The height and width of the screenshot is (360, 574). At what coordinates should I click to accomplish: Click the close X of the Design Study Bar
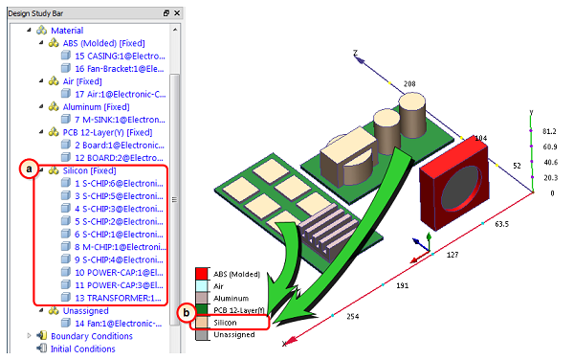177,13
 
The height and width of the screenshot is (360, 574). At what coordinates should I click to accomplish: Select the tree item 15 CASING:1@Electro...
120,56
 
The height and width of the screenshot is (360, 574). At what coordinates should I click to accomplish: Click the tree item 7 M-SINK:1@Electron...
120,120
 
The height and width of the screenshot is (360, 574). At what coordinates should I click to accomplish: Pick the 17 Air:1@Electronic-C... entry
121,95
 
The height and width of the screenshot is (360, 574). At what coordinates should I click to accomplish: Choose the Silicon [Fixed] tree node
89,170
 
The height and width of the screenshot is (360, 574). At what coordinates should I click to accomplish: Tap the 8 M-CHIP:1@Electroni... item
121,247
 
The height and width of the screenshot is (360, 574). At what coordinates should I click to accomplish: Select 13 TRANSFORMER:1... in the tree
118,298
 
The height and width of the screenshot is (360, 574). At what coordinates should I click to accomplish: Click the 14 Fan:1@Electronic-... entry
119,324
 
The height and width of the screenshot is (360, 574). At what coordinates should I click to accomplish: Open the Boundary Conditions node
92,336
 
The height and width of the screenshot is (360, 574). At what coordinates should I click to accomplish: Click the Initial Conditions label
82,349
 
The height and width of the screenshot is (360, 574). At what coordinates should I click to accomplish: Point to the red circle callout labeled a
29,169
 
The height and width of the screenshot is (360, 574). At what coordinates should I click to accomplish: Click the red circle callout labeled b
187,313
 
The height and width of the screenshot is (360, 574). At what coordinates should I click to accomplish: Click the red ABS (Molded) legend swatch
202,274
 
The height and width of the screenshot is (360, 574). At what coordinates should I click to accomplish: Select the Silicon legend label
225,323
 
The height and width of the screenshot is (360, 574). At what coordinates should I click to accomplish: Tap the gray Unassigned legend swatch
202,335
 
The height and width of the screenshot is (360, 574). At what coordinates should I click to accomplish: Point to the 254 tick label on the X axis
353,316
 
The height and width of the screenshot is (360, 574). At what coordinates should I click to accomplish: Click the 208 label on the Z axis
409,84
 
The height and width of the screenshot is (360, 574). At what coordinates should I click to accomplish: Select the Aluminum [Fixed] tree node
97,107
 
